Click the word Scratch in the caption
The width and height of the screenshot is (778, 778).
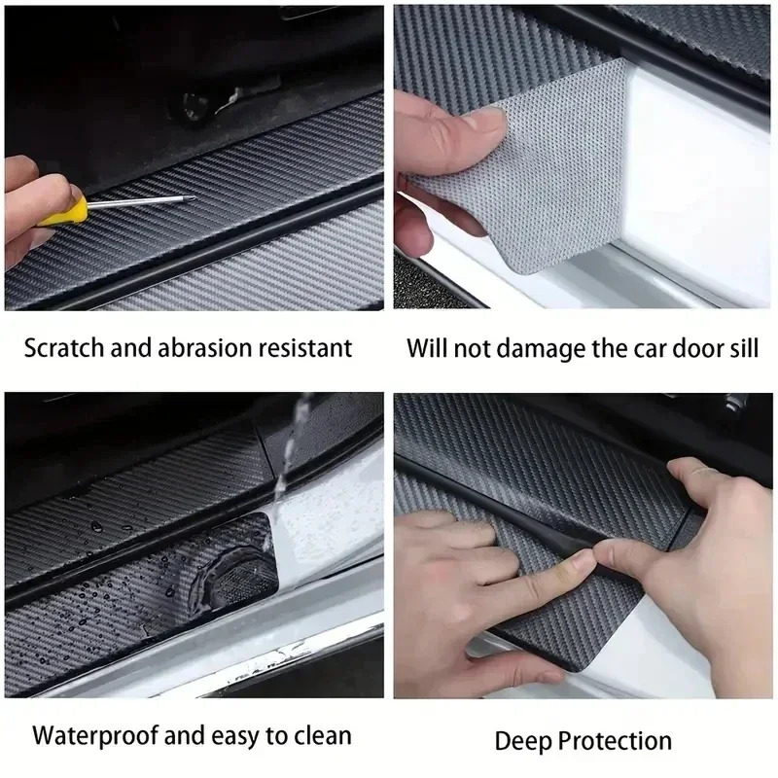pos(65,347)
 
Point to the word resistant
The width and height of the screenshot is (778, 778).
pos(307,347)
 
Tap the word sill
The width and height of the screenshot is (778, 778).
pos(740,347)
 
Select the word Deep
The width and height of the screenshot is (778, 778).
pos(522,742)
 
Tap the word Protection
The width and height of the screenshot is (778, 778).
pos(615,742)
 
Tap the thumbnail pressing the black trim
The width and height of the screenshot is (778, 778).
pos(582,562)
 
